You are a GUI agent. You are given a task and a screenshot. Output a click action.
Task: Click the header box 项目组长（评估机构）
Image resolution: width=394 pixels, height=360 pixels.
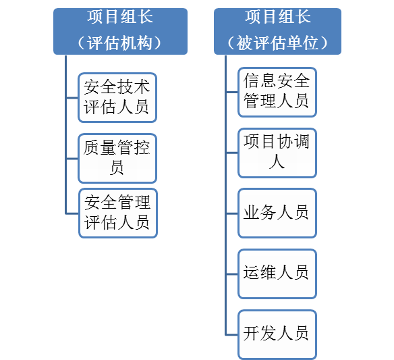pyautogui.click(x=120, y=31)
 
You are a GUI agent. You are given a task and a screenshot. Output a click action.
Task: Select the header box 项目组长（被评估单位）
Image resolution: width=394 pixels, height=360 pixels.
pyautogui.click(x=277, y=31)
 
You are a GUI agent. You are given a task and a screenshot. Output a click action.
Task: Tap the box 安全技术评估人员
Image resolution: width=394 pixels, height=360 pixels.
pyautogui.click(x=117, y=98)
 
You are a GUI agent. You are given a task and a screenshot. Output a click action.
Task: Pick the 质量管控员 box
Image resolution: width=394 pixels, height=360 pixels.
pyautogui.click(x=117, y=158)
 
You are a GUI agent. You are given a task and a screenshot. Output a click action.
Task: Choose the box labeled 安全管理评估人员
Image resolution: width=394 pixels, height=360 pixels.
pyautogui.click(x=118, y=213)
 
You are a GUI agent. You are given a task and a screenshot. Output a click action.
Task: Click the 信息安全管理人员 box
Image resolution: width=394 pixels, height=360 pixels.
pyautogui.click(x=277, y=92)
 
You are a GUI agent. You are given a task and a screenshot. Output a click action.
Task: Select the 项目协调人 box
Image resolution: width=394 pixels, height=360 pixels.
pyautogui.click(x=277, y=153)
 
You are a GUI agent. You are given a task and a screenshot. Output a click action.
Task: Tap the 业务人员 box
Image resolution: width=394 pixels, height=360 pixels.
pyautogui.click(x=277, y=213)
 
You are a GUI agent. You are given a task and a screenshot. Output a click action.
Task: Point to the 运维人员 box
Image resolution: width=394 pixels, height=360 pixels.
pyautogui.click(x=277, y=274)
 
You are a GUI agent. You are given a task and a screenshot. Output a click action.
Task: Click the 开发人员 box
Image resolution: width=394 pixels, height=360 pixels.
pyautogui.click(x=277, y=334)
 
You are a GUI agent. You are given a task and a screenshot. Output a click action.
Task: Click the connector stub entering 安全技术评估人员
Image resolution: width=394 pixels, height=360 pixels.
pyautogui.click(x=72, y=98)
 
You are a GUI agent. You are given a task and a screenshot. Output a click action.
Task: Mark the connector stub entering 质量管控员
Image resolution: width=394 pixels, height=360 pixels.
pyautogui.click(x=72, y=159)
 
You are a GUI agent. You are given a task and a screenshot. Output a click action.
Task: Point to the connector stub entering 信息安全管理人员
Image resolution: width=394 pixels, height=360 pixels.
pyautogui.click(x=232, y=92)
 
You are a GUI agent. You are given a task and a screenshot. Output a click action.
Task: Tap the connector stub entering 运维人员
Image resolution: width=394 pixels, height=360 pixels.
pyautogui.click(x=232, y=274)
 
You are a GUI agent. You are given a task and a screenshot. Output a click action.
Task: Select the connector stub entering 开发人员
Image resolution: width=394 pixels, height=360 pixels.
pyautogui.click(x=232, y=335)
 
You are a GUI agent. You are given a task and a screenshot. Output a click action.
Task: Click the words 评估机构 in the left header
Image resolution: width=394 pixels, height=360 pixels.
pyautogui.click(x=119, y=43)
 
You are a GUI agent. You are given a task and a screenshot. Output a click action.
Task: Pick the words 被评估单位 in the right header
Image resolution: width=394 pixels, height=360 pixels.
pyautogui.click(x=277, y=43)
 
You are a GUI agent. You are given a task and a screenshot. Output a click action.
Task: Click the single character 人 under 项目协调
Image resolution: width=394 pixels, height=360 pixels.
pyautogui.click(x=277, y=161)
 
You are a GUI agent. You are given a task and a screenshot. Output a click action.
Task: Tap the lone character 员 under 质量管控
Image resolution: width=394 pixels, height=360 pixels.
pyautogui.click(x=117, y=167)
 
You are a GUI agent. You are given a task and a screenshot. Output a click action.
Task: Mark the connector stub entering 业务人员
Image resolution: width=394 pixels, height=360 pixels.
pyautogui.click(x=232, y=213)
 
